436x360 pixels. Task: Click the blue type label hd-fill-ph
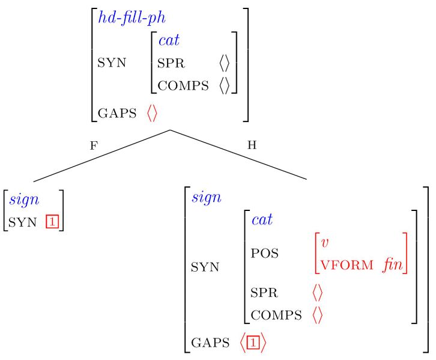click(132, 18)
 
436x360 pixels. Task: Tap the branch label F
click(94, 145)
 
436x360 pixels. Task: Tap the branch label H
click(252, 145)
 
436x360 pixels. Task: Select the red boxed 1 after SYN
click(52, 222)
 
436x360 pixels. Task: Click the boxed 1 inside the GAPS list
click(253, 343)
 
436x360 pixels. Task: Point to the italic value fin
click(393, 264)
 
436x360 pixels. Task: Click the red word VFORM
click(347, 265)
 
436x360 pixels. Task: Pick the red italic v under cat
click(324, 243)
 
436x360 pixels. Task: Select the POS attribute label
click(264, 253)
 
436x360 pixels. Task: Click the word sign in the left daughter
click(24, 200)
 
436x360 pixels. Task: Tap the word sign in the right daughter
click(207, 198)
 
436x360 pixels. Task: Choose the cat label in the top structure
click(169, 40)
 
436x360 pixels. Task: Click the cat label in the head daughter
click(262, 220)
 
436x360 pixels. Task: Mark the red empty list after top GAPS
click(152, 113)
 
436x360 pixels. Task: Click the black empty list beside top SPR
click(225, 63)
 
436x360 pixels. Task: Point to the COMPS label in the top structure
click(183, 85)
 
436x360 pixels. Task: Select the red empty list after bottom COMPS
click(318, 315)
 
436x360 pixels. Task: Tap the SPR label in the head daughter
click(264, 293)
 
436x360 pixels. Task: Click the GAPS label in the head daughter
click(210, 343)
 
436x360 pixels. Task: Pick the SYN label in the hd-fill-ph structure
click(112, 63)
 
